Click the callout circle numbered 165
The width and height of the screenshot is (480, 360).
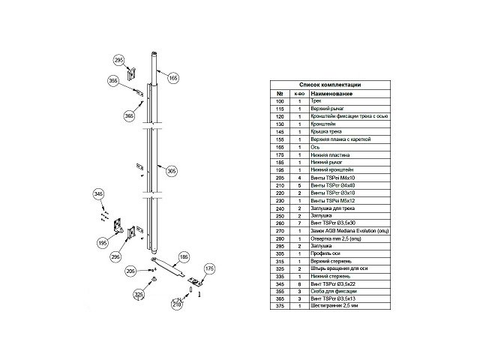(173, 78)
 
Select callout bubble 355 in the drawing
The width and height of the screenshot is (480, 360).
(113, 80)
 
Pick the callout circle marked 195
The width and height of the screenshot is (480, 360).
(104, 243)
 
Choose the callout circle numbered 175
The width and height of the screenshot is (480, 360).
(210, 268)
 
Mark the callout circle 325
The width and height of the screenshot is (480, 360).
(138, 295)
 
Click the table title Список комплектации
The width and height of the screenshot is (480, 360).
(330, 85)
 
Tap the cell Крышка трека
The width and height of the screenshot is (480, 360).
(314, 132)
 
